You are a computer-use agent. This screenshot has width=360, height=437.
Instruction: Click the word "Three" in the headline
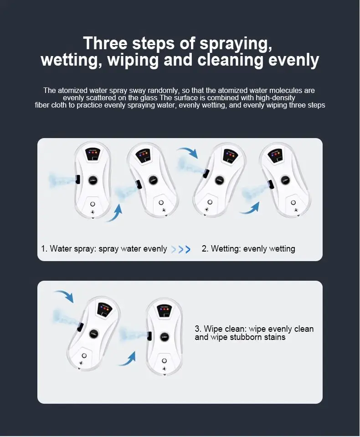coord(105,43)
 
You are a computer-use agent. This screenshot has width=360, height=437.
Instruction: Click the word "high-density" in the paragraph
coord(275,98)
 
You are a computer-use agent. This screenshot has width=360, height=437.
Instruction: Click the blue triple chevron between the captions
coord(181,249)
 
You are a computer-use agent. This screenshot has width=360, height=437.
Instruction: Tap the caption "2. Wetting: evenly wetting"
coord(248,249)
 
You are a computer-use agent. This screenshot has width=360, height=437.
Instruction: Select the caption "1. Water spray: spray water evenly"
coord(104,249)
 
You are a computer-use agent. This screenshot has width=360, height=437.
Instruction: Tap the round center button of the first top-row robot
coord(93,180)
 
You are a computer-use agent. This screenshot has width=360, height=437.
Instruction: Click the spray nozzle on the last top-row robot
coord(270,185)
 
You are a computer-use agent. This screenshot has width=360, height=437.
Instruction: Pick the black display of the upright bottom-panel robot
coord(164,311)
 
